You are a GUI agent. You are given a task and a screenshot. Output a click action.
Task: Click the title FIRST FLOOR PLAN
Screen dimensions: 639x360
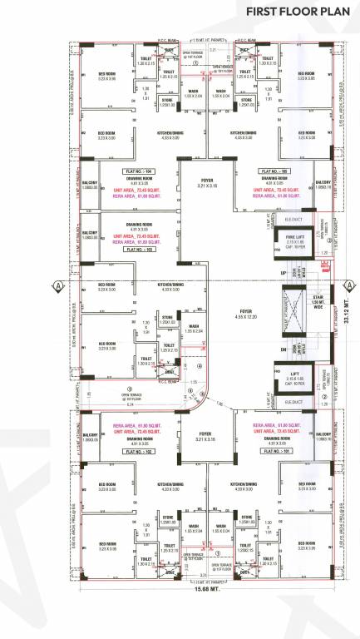pos(297,12)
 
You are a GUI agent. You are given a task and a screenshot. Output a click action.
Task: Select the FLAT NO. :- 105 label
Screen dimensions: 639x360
pos(273,170)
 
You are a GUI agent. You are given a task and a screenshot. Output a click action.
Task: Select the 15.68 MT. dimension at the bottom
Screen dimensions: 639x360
pos(194,616)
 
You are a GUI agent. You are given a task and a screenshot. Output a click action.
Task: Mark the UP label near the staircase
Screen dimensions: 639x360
pos(260,272)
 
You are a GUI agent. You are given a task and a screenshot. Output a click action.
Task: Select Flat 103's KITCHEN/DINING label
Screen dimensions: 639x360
pos(170,287)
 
